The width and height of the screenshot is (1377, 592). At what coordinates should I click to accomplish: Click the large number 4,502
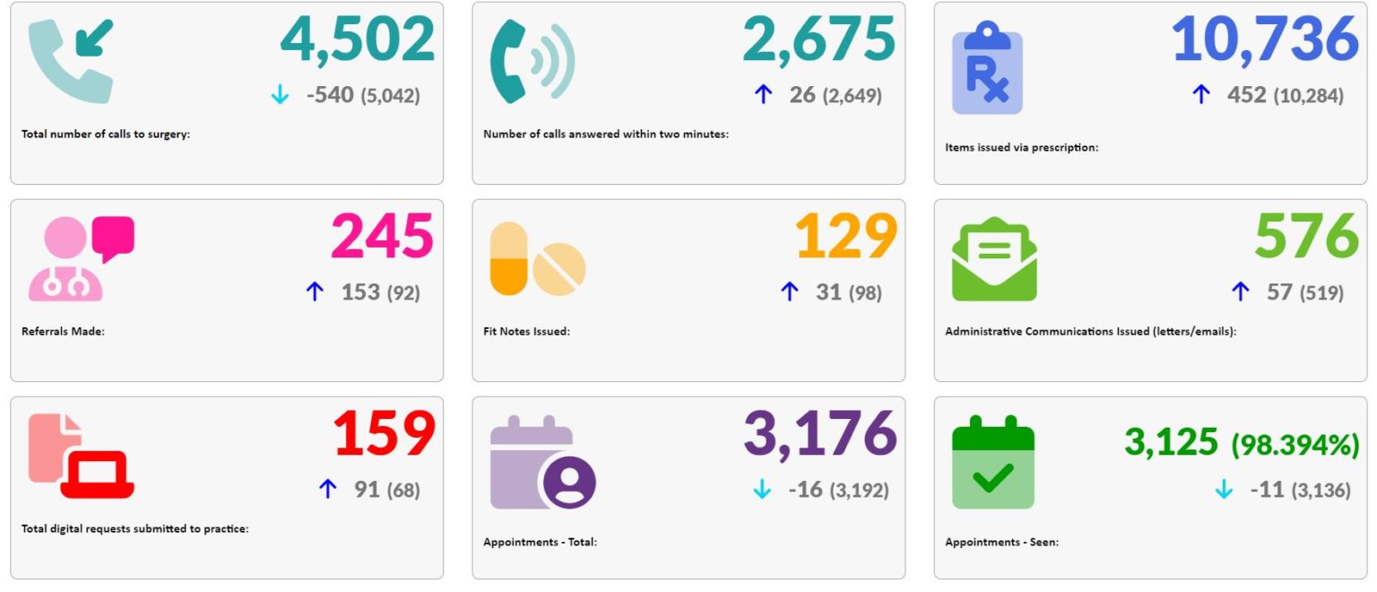pos(357,40)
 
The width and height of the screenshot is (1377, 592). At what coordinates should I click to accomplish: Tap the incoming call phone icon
pos(71,61)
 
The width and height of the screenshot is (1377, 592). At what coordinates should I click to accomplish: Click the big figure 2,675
pos(818,40)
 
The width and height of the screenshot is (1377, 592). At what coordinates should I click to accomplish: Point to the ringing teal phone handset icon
pos(532,61)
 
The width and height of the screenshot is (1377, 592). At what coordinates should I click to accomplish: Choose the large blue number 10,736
pos(1265,40)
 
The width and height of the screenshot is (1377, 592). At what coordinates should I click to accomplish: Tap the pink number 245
pos(383,237)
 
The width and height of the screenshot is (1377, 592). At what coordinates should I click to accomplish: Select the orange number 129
pos(845,237)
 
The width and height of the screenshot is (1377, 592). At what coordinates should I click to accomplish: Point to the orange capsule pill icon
pos(508,258)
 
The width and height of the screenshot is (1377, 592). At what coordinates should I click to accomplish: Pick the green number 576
pos(1306,237)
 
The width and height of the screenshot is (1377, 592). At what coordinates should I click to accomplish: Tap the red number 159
pos(385,434)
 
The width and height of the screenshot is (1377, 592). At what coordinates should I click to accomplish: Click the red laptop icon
pos(97,474)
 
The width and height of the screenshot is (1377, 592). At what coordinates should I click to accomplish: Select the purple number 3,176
pos(819,434)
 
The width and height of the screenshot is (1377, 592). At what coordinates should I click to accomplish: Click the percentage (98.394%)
pos(1295,444)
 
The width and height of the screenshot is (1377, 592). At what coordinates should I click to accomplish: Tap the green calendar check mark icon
pos(992,462)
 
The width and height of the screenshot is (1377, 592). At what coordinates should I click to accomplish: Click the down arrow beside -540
pos(280,95)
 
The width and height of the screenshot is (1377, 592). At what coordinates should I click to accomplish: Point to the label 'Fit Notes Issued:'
pos(526,332)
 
